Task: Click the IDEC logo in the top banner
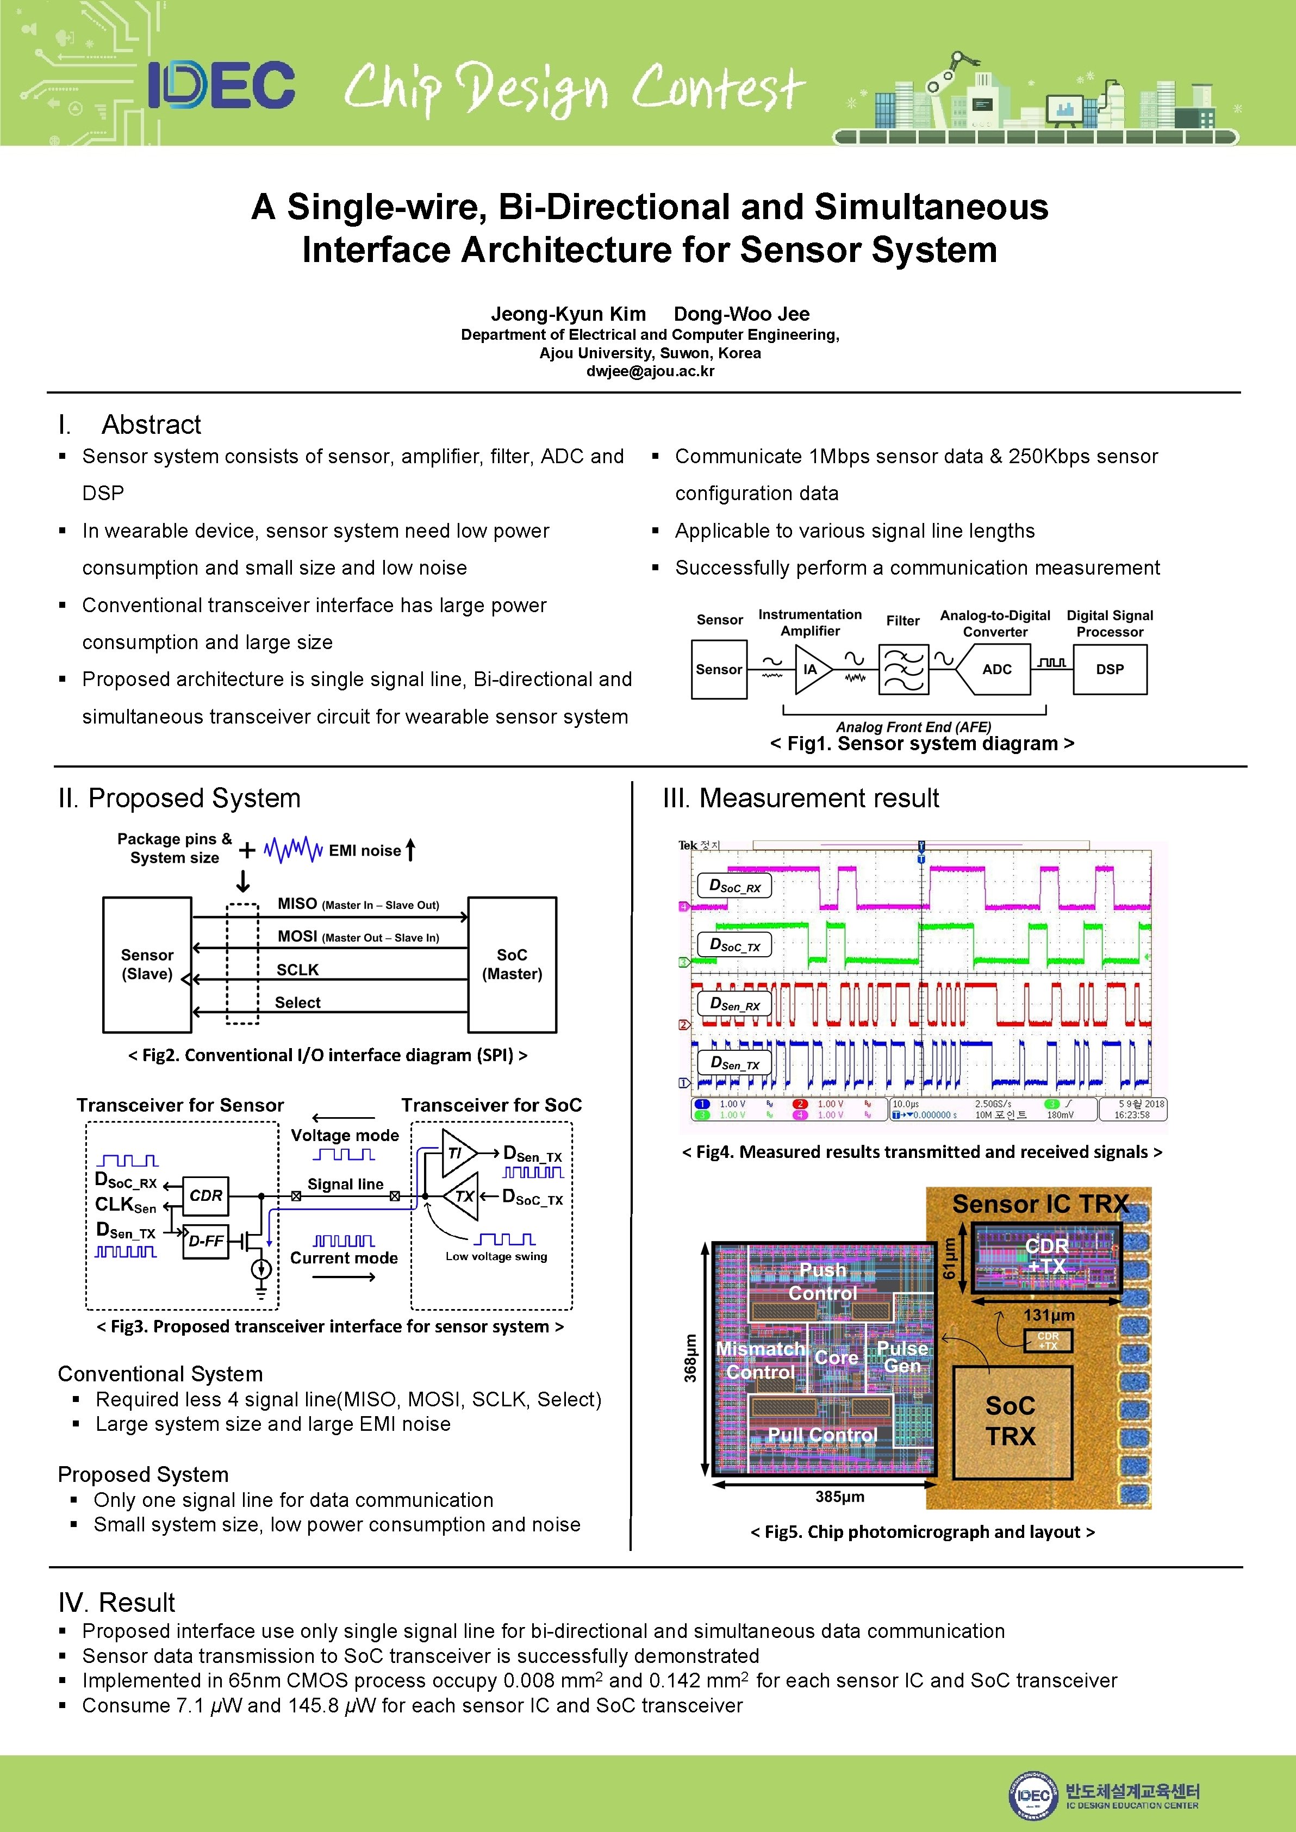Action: click(221, 85)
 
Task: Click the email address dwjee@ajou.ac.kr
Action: click(650, 371)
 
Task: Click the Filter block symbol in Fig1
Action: click(904, 669)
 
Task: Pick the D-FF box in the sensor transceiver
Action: click(206, 1241)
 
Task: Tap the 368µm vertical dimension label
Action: click(690, 1358)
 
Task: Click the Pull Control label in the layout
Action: click(822, 1435)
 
